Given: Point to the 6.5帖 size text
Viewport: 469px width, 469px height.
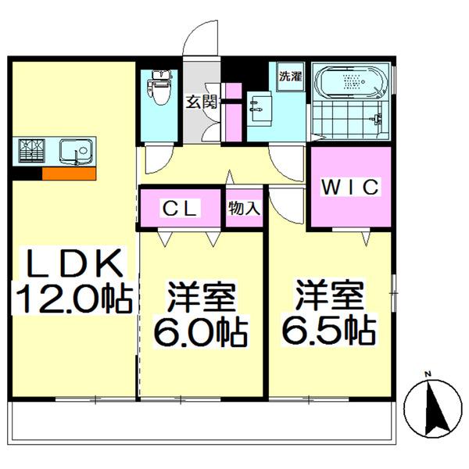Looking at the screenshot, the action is click(x=329, y=331).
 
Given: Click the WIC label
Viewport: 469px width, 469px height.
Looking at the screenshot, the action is click(x=350, y=187).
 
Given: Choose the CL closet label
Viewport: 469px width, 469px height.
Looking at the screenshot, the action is click(x=180, y=209).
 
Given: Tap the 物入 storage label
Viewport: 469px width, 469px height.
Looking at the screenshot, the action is click(x=244, y=208).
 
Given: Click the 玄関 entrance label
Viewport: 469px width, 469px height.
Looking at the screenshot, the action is click(x=202, y=102).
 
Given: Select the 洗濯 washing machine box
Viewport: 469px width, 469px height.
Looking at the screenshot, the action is click(x=291, y=77).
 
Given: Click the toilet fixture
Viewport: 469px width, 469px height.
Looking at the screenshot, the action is click(x=160, y=87).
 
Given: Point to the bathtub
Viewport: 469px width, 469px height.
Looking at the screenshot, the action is click(x=352, y=81).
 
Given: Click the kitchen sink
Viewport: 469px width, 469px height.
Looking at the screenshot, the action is click(x=77, y=152).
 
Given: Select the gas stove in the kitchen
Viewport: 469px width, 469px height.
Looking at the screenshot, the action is click(x=32, y=150).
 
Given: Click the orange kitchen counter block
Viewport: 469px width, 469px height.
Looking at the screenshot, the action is click(x=69, y=174).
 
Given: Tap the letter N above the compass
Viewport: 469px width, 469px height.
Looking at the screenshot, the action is click(x=428, y=374).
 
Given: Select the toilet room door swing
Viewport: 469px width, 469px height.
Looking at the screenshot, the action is click(x=159, y=159).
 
